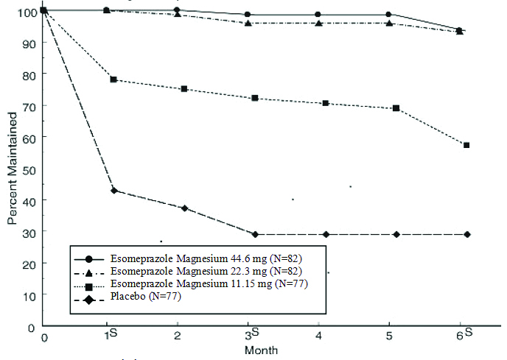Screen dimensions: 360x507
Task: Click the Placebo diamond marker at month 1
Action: pos(114,190)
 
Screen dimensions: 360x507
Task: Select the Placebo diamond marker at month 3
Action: pos(255,234)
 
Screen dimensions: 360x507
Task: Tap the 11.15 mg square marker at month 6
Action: pos(466,145)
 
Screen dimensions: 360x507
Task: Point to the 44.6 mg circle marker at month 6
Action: pos(459,30)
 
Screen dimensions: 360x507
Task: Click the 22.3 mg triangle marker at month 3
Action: pos(248,24)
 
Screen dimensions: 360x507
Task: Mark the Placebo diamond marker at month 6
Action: pos(466,234)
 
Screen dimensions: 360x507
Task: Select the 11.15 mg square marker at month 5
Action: pos(396,108)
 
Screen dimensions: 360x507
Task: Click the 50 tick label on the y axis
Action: pos(30,168)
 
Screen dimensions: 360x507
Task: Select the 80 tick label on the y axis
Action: pos(30,74)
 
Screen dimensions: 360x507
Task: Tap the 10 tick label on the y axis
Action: pos(30,294)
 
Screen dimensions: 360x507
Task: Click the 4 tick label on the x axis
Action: pos(318,336)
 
